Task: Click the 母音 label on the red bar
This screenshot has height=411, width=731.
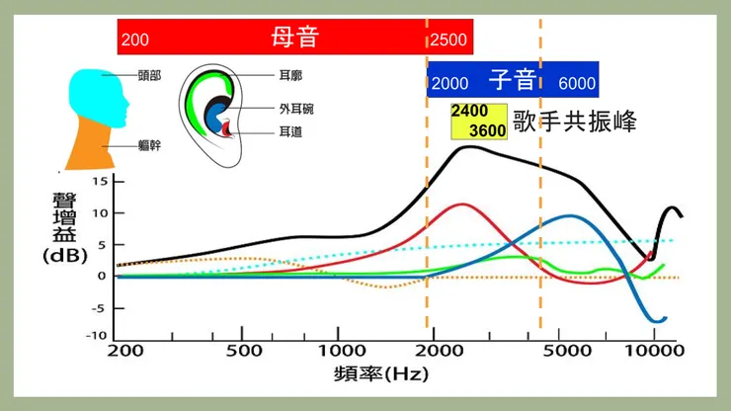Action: click(299, 38)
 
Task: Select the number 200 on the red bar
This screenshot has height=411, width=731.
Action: click(134, 41)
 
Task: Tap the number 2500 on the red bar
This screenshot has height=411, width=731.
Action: click(449, 41)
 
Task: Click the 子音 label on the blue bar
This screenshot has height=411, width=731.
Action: click(512, 80)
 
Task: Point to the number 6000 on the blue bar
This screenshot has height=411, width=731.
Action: click(577, 83)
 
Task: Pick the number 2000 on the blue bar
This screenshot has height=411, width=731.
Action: click(450, 83)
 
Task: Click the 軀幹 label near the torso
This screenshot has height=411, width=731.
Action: click(150, 144)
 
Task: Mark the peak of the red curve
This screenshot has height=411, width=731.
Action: click(460, 205)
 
